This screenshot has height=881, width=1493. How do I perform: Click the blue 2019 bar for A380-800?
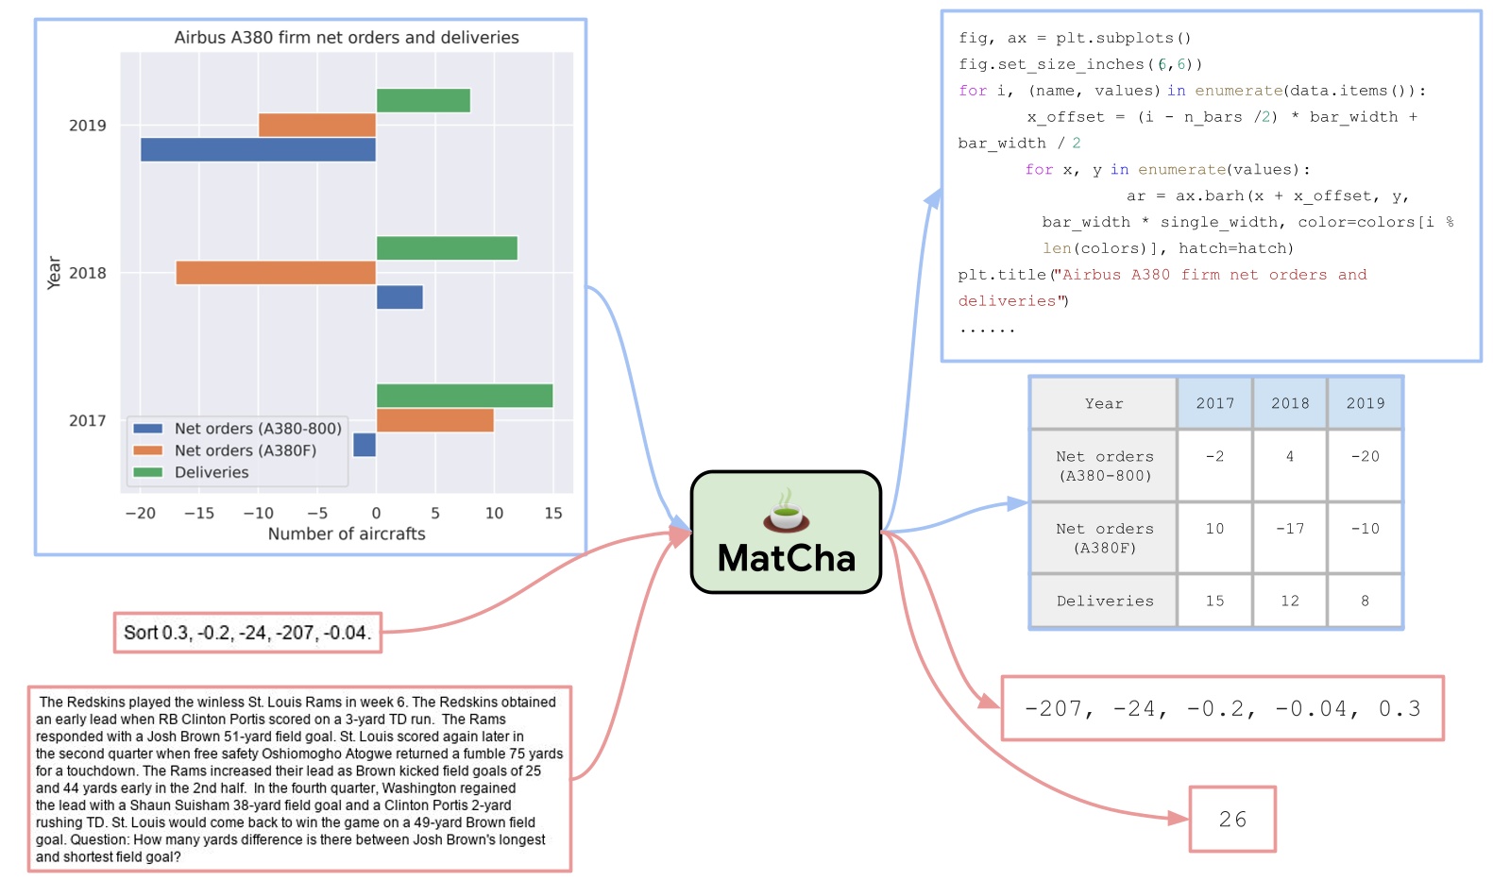[x=258, y=150]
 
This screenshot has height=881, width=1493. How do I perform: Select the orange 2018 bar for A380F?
[x=276, y=273]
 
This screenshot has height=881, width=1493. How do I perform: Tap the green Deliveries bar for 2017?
[x=464, y=396]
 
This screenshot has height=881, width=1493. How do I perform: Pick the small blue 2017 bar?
[x=365, y=445]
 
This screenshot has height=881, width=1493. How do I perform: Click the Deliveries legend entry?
[x=211, y=472]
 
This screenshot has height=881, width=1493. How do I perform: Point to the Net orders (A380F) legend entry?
[x=245, y=450]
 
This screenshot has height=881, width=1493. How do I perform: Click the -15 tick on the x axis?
[x=199, y=514]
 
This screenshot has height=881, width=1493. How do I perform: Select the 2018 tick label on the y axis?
[x=87, y=273]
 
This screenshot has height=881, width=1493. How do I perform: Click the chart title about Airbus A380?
[x=347, y=38]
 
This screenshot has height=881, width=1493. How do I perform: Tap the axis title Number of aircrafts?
[x=347, y=534]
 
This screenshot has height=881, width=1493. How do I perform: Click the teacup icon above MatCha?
[x=786, y=511]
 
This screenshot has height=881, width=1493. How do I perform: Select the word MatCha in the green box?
[x=786, y=558]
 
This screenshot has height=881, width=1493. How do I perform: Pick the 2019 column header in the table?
[x=1365, y=403]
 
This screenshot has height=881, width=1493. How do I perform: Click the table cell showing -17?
[x=1290, y=529]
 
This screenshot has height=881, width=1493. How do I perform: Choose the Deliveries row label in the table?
[x=1105, y=601]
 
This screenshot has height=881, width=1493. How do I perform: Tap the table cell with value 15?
[x=1214, y=601]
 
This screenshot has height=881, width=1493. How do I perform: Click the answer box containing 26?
[x=1232, y=820]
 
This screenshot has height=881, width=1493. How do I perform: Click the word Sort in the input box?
[x=141, y=633]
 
